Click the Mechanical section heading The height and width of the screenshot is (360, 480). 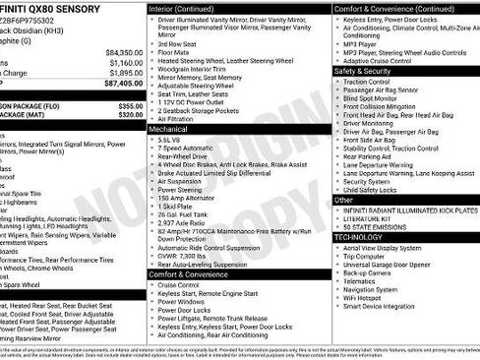coord(168,128)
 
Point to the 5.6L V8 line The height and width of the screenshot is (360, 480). coord(176,140)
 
